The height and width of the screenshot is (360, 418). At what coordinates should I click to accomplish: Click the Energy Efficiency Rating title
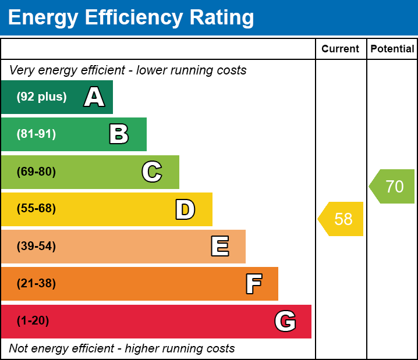[x=131, y=18]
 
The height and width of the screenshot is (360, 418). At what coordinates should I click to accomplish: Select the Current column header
[x=341, y=49]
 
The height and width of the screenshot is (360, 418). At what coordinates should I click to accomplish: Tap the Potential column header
[x=392, y=49]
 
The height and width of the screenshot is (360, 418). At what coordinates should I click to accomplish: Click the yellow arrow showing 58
[x=342, y=219]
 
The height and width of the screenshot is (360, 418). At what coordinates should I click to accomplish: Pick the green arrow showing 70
[x=393, y=187]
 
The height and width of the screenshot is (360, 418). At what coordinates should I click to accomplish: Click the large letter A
[x=94, y=97]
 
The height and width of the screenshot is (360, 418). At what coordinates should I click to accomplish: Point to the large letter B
[x=119, y=134]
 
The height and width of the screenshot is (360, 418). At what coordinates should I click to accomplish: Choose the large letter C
[x=152, y=172]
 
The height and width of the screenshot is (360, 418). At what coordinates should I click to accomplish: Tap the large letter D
[x=185, y=209]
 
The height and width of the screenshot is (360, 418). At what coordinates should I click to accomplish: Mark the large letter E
[x=219, y=247]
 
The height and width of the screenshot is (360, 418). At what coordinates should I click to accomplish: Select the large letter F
[x=253, y=284]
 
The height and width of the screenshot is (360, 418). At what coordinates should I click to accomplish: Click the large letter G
[x=285, y=321]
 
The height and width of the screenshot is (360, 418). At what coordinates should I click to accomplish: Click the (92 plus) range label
[x=41, y=97]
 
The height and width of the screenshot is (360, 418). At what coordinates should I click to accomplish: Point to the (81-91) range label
[x=36, y=134]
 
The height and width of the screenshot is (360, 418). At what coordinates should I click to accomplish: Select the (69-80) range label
[x=36, y=172]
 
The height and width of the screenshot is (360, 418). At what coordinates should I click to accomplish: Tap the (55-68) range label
[x=36, y=209]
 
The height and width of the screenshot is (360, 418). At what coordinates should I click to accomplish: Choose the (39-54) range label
[x=36, y=247]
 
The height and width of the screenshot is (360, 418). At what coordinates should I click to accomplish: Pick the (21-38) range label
[x=36, y=284]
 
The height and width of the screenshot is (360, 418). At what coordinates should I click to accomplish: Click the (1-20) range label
[x=33, y=321]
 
